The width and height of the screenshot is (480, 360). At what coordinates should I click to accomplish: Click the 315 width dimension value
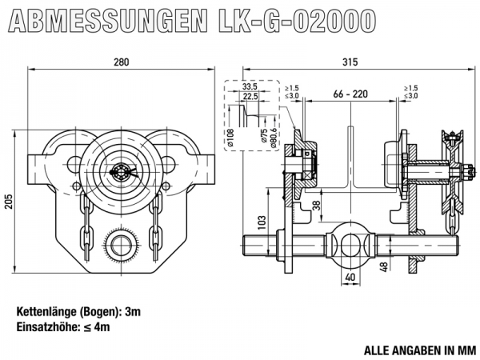pos(348,60)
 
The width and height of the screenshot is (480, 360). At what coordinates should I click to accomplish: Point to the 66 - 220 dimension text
pos(349,94)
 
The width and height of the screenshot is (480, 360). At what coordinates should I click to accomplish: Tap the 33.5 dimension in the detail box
pos(249,86)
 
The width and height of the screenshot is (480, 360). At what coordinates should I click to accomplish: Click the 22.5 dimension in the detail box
pos(251,96)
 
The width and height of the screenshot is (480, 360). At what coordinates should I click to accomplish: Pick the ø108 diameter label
pos(230,138)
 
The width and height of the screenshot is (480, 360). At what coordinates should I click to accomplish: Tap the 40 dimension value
pos(350,277)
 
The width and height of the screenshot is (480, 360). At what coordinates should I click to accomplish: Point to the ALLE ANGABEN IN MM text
pos(419,350)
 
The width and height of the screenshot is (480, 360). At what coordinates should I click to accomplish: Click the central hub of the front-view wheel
pos(122,170)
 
